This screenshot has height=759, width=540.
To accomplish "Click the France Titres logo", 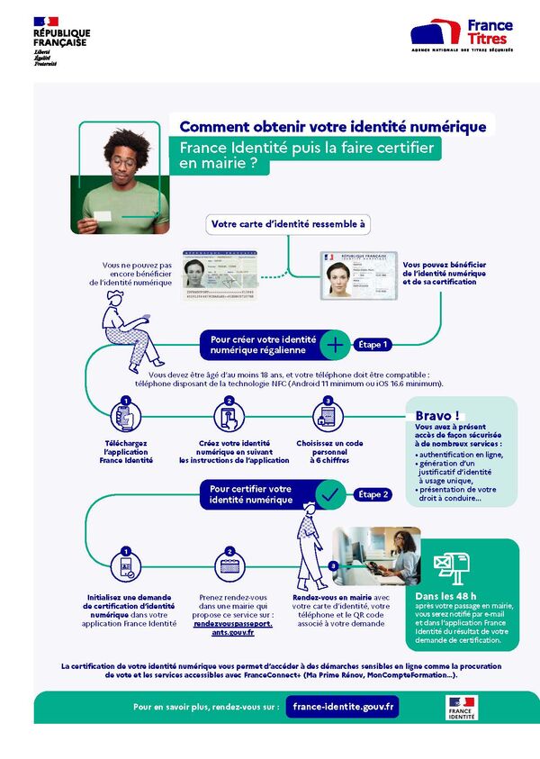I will pyautogui.click(x=463, y=35).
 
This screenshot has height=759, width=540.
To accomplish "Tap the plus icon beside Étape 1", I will pyautogui.click(x=335, y=344).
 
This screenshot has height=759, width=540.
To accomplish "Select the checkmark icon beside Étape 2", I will pyautogui.click(x=330, y=493).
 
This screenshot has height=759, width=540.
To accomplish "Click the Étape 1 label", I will pyautogui.click(x=374, y=344).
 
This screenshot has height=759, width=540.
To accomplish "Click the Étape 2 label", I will pyautogui.click(x=374, y=494).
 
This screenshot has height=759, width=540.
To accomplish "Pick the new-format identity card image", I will pyautogui.click(x=359, y=274).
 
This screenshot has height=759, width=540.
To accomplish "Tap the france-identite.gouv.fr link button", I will pyautogui.click(x=342, y=707).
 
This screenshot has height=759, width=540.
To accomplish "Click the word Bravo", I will pyautogui.click(x=437, y=415).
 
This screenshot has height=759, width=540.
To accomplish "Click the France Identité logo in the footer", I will pyautogui.click(x=462, y=707).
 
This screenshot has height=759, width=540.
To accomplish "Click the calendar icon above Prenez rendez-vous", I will pyautogui.click(x=229, y=568).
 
